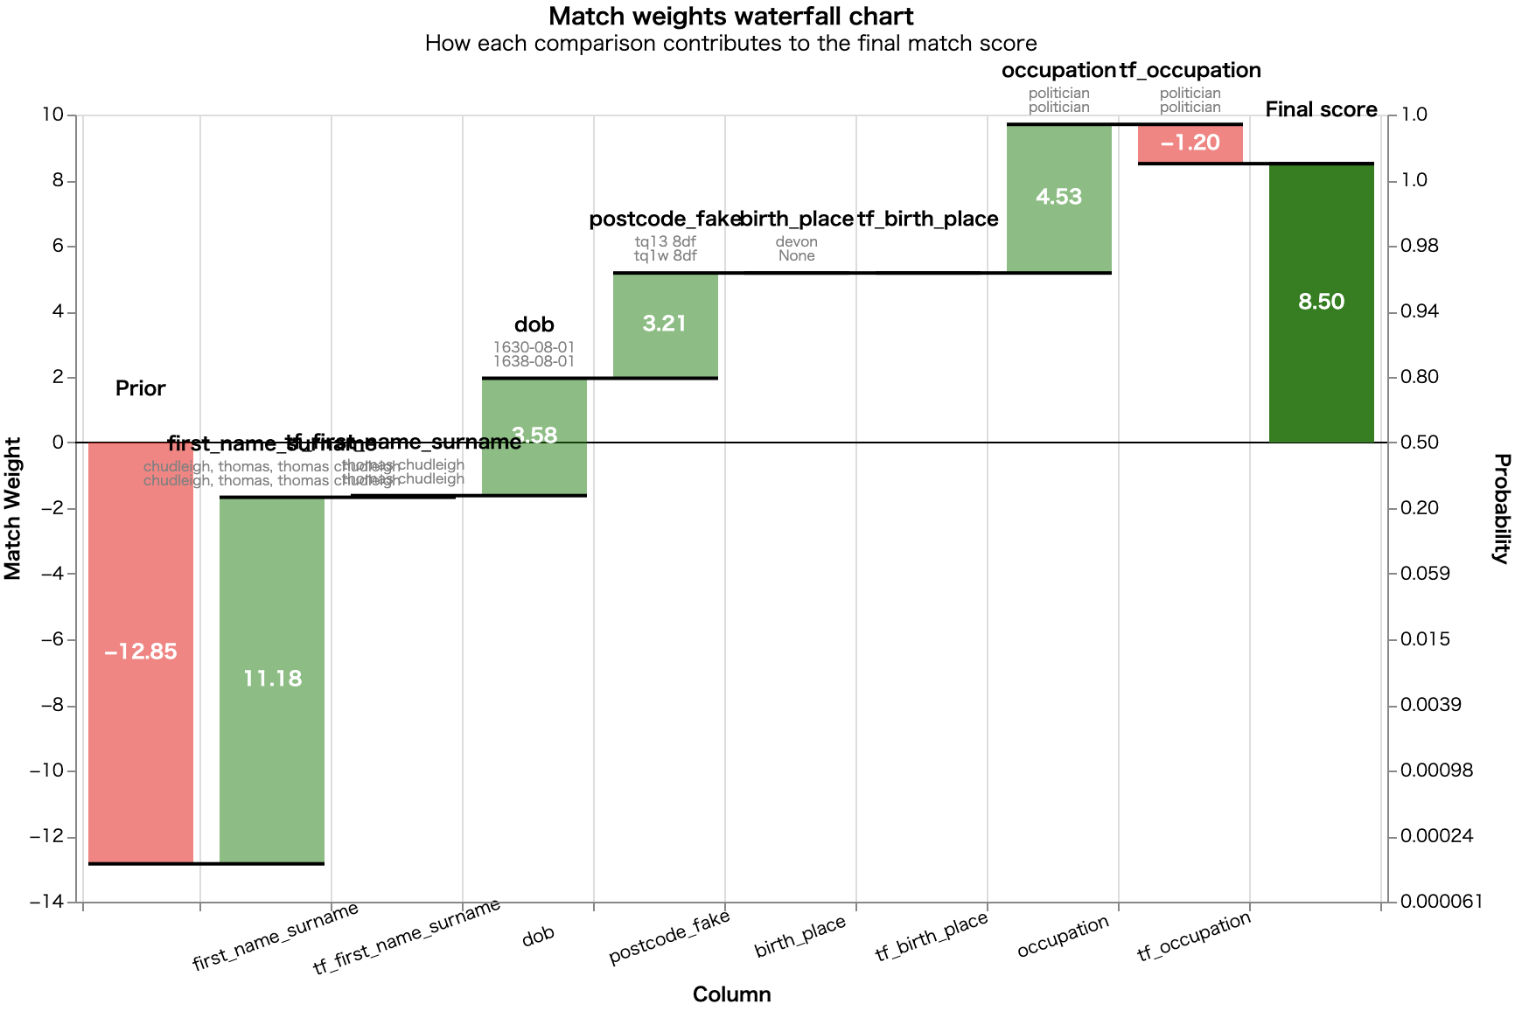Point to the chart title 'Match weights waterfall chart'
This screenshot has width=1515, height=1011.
731,17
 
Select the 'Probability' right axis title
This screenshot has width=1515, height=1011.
1502,508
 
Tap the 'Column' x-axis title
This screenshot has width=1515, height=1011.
731,994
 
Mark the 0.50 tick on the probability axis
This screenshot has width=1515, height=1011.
1419,443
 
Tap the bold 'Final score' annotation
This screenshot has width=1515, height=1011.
1322,110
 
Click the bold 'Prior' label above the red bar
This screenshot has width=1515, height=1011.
141,389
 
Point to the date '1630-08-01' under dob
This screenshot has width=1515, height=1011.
534,348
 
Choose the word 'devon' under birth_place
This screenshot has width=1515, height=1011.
797,242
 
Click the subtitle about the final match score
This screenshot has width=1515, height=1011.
731,44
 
